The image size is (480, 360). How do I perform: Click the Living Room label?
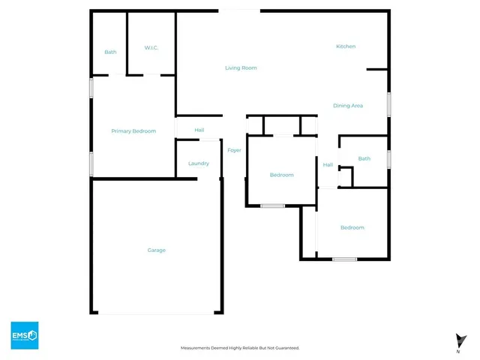(241, 68)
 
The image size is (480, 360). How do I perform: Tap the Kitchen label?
(346, 46)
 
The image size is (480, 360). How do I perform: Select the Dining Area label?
(348, 106)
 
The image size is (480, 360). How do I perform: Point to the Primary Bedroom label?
(133, 131)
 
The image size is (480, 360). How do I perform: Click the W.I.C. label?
(151, 49)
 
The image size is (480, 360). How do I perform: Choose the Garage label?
(156, 250)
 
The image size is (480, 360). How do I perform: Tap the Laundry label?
(198, 163)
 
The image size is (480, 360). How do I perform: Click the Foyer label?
(235, 151)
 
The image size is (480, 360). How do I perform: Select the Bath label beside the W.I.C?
(110, 52)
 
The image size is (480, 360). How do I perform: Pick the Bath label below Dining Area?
(364, 158)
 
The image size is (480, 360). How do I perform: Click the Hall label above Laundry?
(199, 130)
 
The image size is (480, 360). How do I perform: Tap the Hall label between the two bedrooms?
(328, 165)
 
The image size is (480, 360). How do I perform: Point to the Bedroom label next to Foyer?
(282, 175)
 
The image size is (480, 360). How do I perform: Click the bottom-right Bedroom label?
(352, 227)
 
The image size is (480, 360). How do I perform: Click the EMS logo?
(24, 334)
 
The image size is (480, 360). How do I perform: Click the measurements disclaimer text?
(240, 348)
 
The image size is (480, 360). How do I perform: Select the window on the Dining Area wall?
(388, 103)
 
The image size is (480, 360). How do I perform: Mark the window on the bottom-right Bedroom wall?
(344, 259)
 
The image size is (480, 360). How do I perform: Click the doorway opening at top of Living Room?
(240, 10)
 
